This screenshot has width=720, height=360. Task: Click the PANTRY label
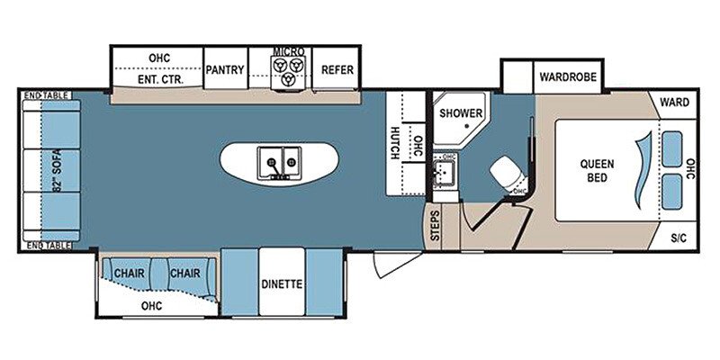pyautogui.click(x=225, y=69)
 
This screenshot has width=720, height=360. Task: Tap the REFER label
pyautogui.click(x=337, y=69)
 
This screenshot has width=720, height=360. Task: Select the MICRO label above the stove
pyautogui.click(x=289, y=52)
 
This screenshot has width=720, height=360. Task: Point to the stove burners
pyautogui.click(x=289, y=72)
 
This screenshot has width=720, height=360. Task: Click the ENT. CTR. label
pyautogui.click(x=159, y=79)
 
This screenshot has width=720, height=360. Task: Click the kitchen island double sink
pyautogui.click(x=280, y=164)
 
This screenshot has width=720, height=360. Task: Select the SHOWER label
pyautogui.click(x=460, y=113)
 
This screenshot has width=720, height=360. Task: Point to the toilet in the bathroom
pyautogui.click(x=508, y=171)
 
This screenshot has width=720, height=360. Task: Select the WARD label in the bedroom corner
pyautogui.click(x=674, y=103)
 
